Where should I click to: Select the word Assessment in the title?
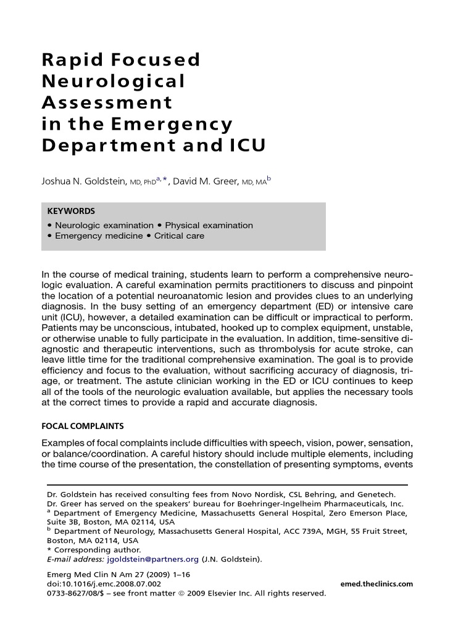click(106, 103)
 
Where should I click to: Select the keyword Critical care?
click(179, 236)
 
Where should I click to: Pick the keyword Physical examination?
click(209, 225)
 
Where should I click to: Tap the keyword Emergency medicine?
click(99, 236)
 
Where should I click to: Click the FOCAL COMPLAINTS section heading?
click(83, 426)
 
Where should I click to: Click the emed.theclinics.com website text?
click(376, 584)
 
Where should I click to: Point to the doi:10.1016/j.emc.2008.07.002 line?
click(104, 584)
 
